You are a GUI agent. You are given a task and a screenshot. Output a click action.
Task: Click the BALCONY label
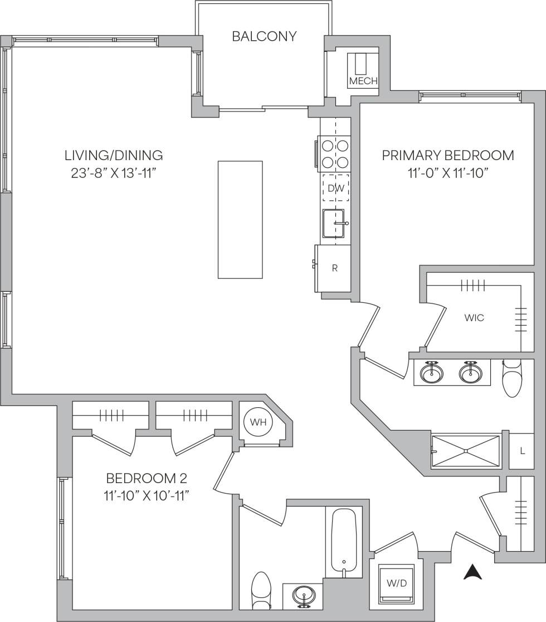264,37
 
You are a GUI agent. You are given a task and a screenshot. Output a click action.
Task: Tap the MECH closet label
363,81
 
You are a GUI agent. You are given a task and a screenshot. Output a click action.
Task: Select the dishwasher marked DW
335,188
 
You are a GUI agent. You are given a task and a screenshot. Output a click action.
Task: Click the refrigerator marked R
334,268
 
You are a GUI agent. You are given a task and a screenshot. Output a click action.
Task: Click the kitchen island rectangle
240,219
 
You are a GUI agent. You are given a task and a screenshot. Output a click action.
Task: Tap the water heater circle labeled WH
258,422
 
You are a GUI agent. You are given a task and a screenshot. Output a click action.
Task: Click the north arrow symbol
472,572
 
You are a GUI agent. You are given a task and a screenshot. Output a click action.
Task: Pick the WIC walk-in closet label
474,318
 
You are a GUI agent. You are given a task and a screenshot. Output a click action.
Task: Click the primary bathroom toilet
511,379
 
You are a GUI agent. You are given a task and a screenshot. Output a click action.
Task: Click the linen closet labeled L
522,451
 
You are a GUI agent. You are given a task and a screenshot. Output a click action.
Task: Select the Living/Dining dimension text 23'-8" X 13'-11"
113,172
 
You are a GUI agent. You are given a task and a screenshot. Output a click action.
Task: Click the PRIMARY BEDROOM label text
447,155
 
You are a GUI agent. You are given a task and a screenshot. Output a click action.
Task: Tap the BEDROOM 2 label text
146,478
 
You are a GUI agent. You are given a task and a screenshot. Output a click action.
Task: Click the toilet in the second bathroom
260,592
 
